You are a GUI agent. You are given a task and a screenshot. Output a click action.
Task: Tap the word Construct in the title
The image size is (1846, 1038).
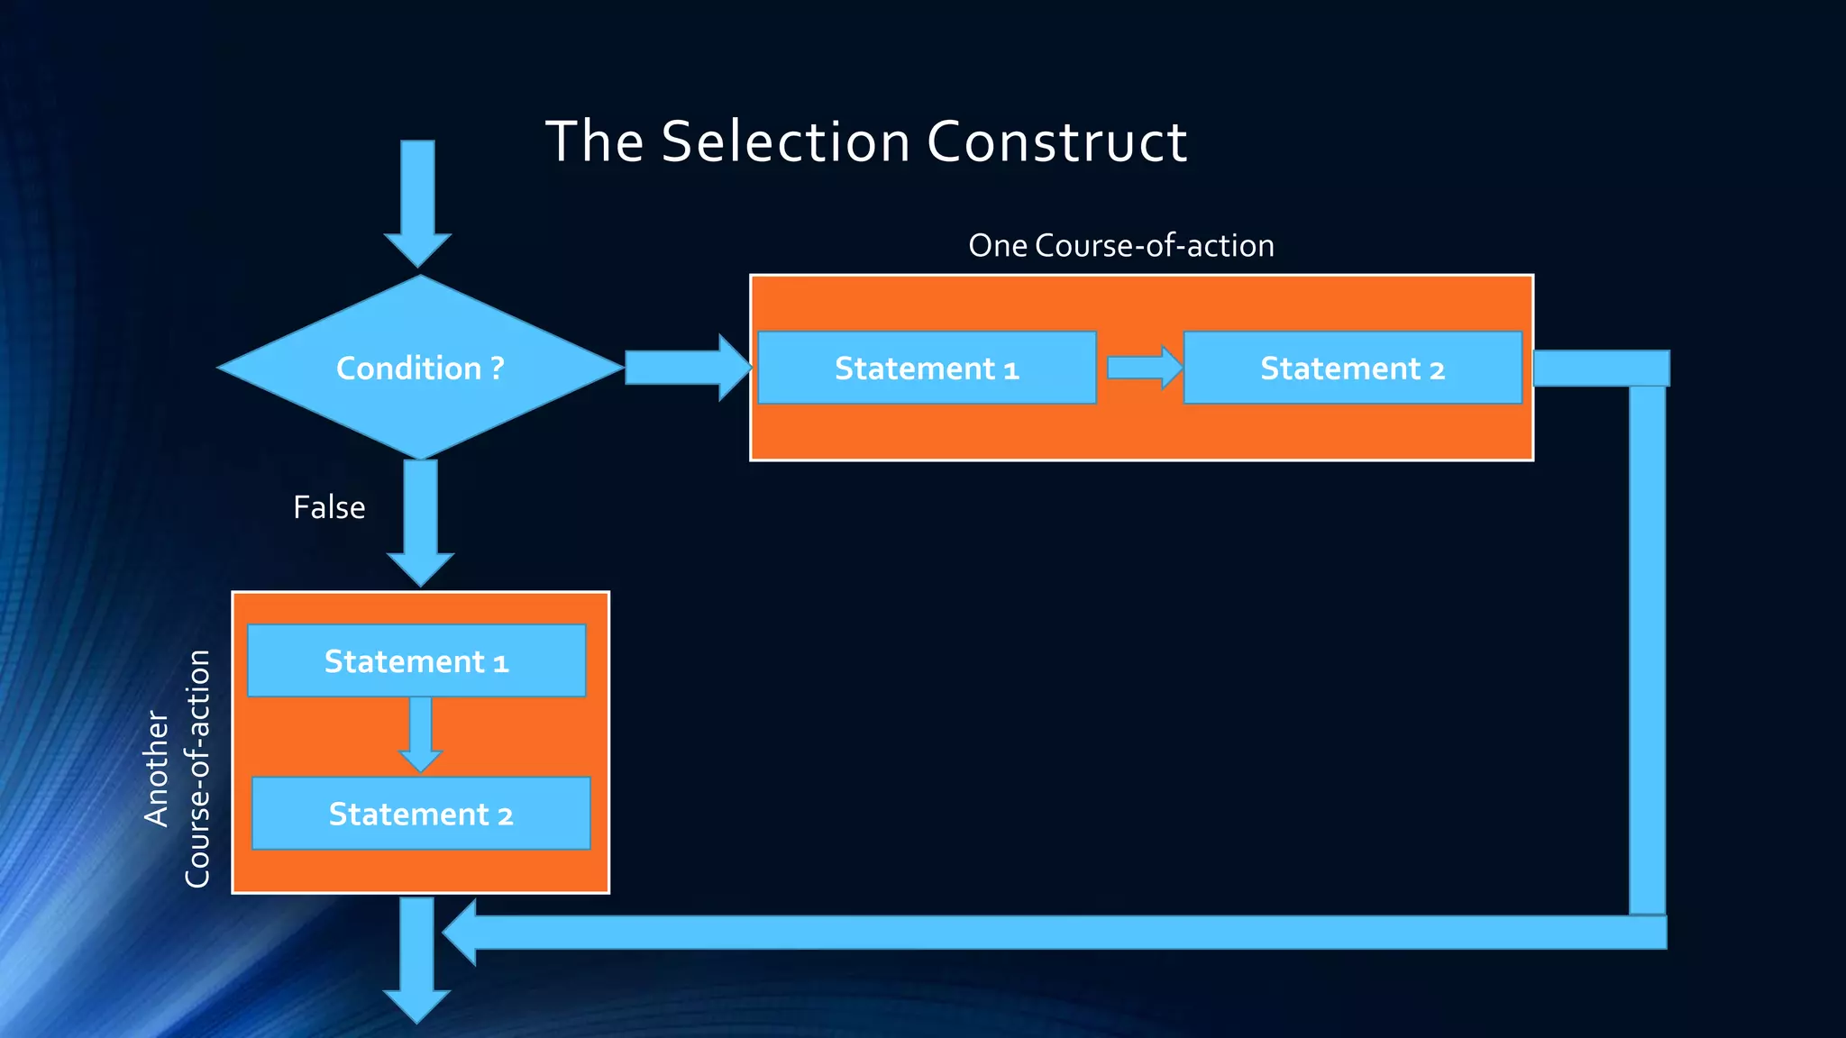1056,141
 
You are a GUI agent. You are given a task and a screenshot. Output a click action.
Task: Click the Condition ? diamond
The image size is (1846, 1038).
420,368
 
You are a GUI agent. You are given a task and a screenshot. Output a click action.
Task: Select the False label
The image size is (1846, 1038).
329,507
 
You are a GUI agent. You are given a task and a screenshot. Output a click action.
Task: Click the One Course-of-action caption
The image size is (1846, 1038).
1120,245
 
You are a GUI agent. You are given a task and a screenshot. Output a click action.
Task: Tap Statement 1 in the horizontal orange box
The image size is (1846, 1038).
927,368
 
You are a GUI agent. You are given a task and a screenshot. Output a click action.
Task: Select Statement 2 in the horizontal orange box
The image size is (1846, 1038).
1352,368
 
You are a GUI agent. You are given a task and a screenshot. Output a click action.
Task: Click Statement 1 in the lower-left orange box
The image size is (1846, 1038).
416,661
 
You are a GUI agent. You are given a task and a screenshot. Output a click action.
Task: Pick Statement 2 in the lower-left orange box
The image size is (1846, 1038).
420,814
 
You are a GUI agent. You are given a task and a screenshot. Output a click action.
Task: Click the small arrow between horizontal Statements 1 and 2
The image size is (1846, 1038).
1143,368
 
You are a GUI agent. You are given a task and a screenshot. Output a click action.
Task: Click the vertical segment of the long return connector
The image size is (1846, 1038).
1647,649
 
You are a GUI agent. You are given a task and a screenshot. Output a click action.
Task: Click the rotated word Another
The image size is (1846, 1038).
156,769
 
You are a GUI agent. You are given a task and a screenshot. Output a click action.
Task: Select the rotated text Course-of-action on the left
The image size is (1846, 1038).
197,769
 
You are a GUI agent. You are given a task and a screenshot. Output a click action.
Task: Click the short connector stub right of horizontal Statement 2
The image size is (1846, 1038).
1600,368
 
